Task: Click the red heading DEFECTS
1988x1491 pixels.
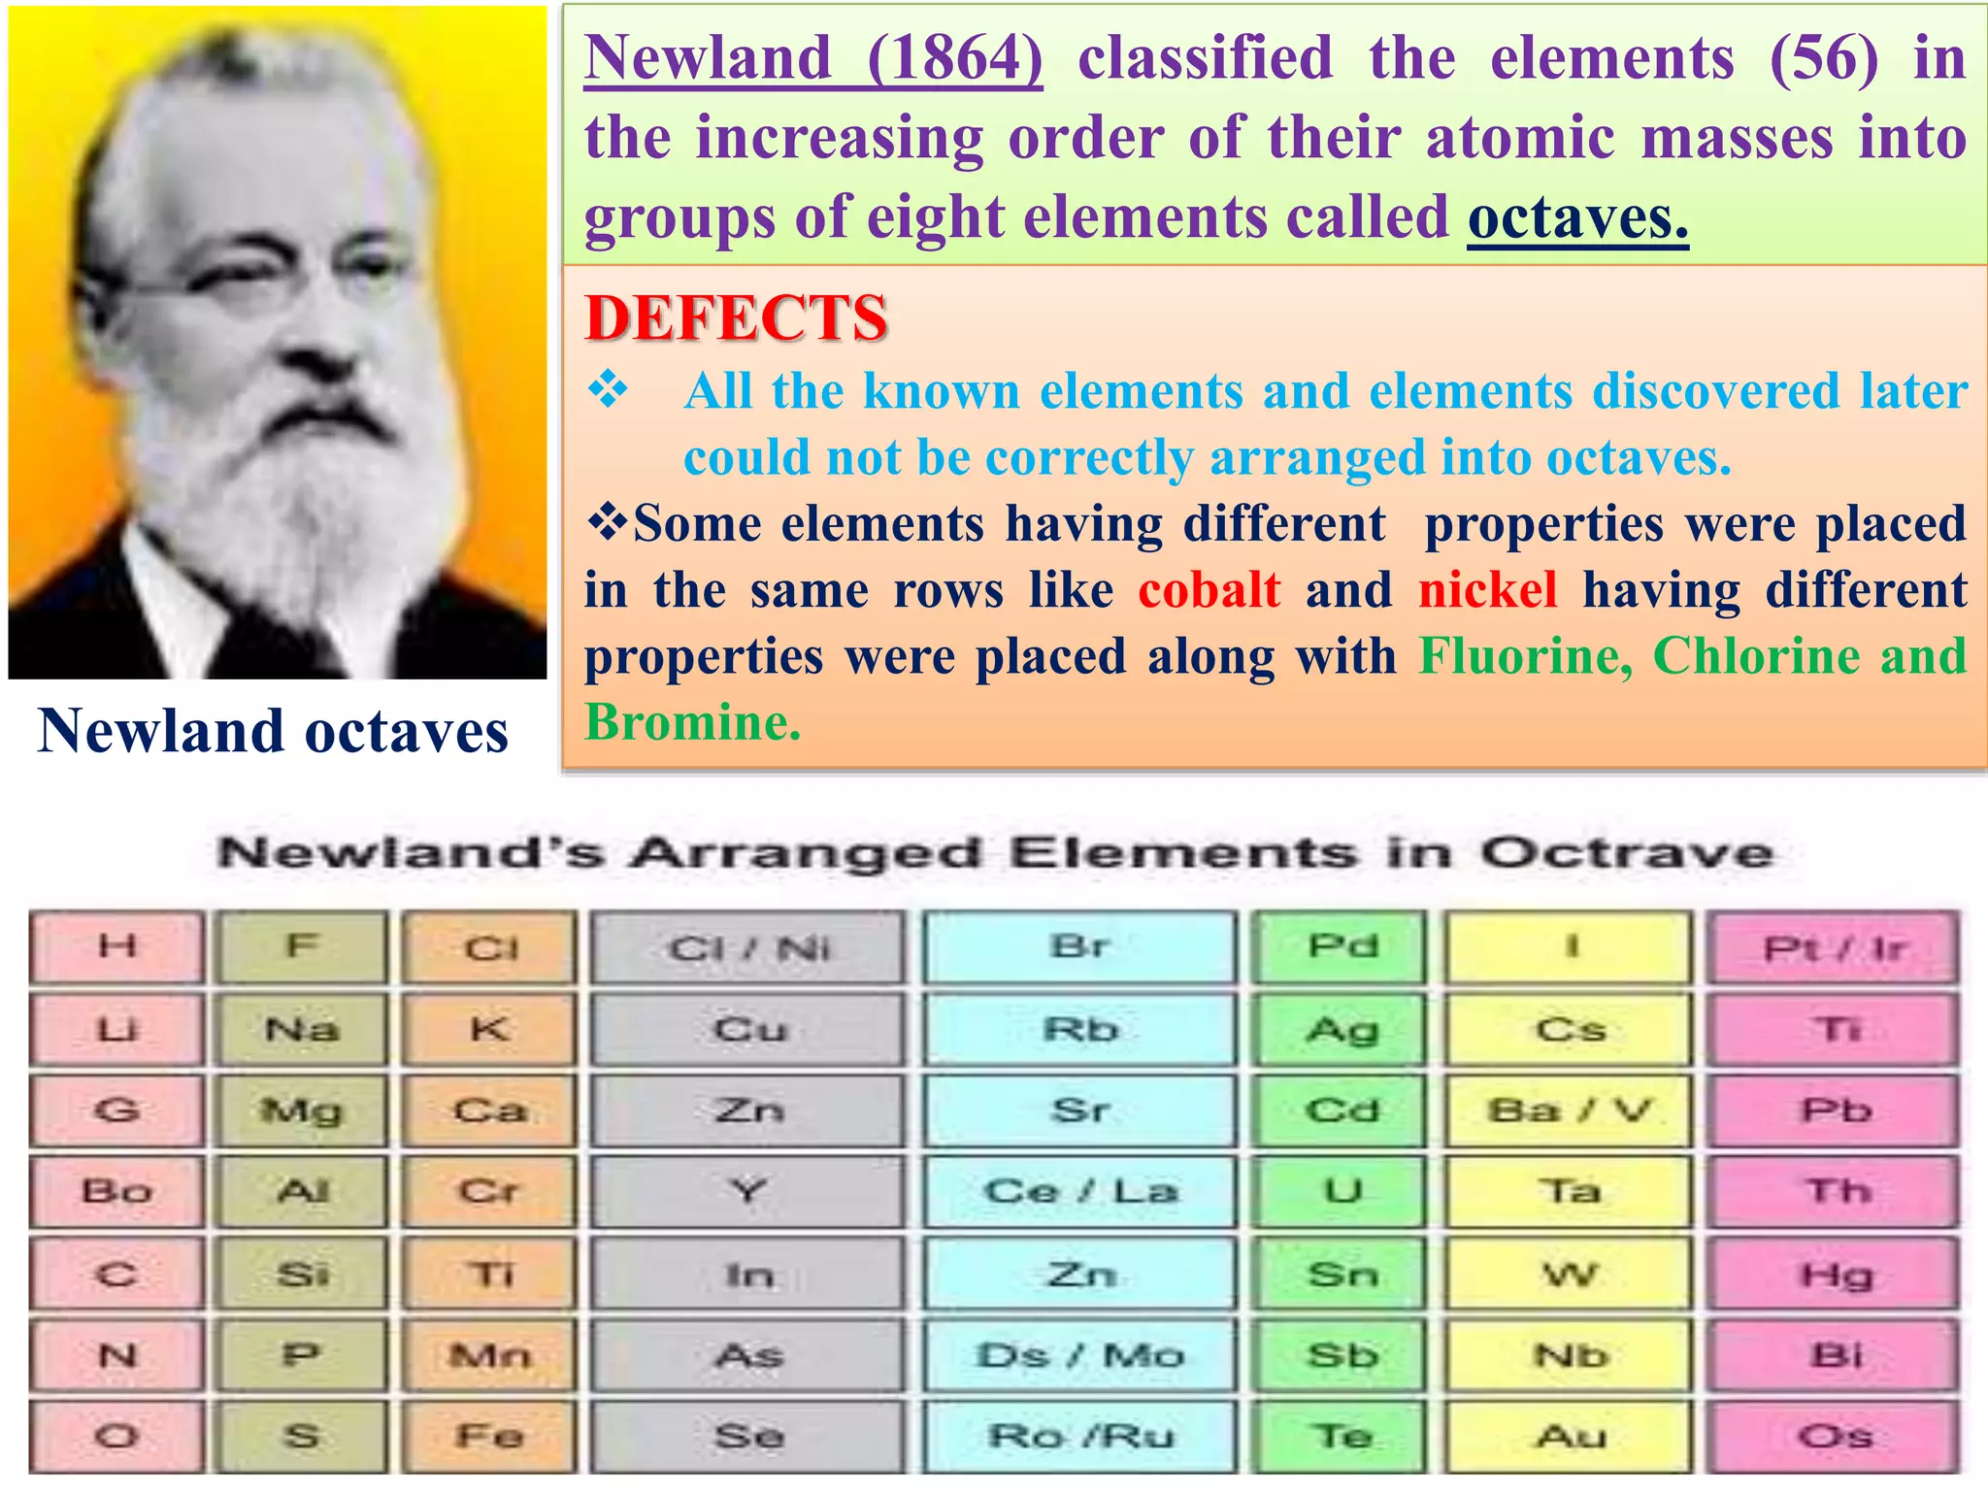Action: pyautogui.click(x=736, y=318)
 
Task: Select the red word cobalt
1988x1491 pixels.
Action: pyautogui.click(x=1209, y=590)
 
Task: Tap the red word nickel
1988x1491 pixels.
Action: pyautogui.click(x=1487, y=590)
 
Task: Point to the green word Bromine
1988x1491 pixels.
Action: pyautogui.click(x=693, y=723)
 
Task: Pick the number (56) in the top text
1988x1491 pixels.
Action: pyautogui.click(x=1824, y=58)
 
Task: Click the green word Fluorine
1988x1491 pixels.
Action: pyautogui.click(x=1525, y=656)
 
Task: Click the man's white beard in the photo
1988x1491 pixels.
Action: pyautogui.click(x=291, y=485)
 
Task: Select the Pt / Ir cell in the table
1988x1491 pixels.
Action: pyautogui.click(x=1834, y=947)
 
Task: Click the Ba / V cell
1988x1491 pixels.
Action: pyautogui.click(x=1570, y=1110)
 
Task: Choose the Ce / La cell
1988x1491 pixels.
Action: pyautogui.click(x=1079, y=1191)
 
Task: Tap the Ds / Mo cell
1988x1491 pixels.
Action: pyautogui.click(x=1079, y=1355)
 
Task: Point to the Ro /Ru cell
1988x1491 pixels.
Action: pyautogui.click(x=1079, y=1436)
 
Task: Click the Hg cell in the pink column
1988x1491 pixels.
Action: pyautogui.click(x=1834, y=1274)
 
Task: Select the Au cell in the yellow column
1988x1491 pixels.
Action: pyautogui.click(x=1570, y=1436)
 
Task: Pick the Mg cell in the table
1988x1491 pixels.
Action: pyautogui.click(x=302, y=1110)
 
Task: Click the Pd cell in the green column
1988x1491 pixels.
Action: pyautogui.click(x=1342, y=946)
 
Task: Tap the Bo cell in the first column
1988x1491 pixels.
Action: pyautogui.click(x=116, y=1191)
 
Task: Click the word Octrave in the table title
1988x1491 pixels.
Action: pyautogui.click(x=1626, y=854)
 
